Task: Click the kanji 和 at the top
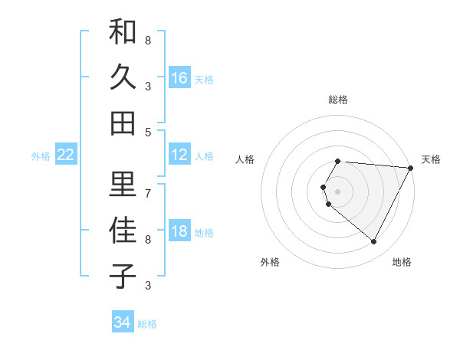click(x=123, y=33)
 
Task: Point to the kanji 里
click(x=123, y=184)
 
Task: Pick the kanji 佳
click(x=123, y=230)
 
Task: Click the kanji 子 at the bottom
click(x=123, y=276)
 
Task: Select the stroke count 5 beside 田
click(x=148, y=132)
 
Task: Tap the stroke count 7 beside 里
click(x=148, y=192)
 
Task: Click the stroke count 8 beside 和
click(x=148, y=40)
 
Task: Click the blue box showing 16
click(x=179, y=78)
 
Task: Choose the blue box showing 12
click(x=179, y=155)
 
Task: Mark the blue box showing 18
click(x=179, y=232)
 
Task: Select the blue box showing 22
click(x=66, y=155)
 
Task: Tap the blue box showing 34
click(x=122, y=322)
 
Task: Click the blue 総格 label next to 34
click(x=147, y=324)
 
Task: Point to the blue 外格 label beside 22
click(x=41, y=156)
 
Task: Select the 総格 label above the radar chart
click(x=338, y=100)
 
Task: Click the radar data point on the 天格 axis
click(x=412, y=168)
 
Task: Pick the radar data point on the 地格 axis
click(x=374, y=242)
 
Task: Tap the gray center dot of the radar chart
click(x=338, y=191)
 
